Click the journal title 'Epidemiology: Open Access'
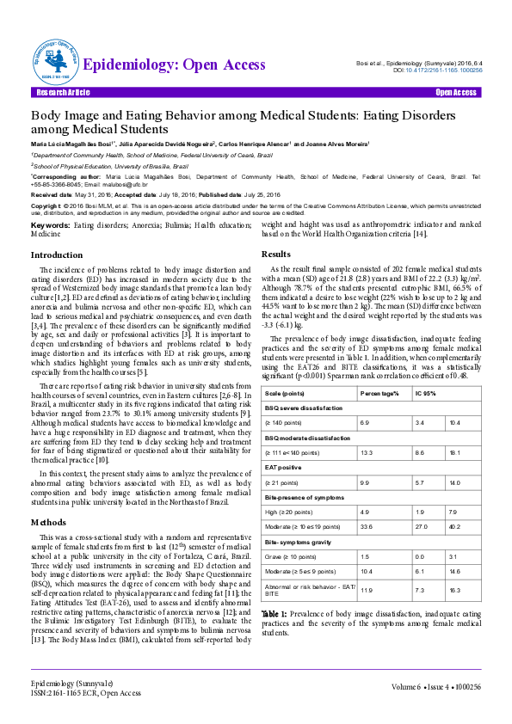point(174,65)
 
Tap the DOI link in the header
point(437,71)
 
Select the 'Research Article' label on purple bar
point(62,92)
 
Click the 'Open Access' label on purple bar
point(456,92)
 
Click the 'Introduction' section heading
point(57,255)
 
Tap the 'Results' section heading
point(275,255)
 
